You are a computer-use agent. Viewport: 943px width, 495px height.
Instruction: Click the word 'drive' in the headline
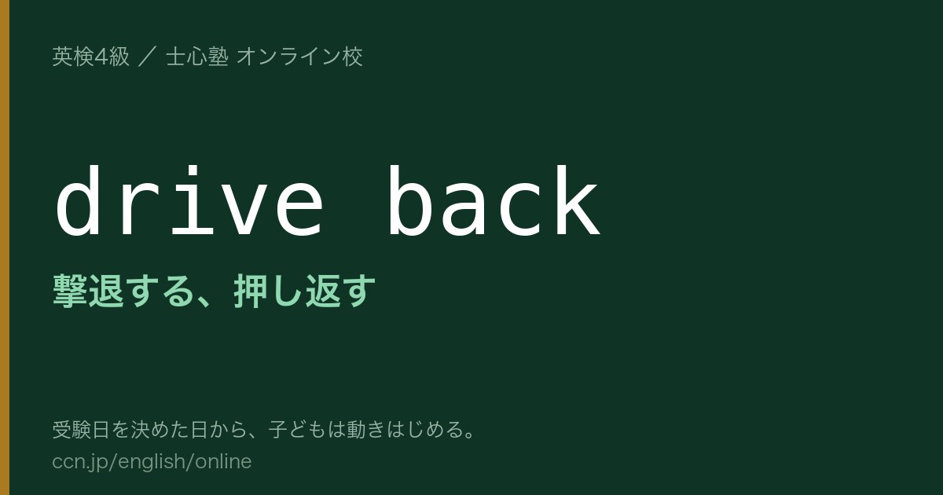189,201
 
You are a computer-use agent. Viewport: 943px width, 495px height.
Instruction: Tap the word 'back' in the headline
494,201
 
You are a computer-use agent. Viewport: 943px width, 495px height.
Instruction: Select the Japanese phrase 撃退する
125,291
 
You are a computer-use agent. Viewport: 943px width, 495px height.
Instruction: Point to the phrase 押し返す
304,291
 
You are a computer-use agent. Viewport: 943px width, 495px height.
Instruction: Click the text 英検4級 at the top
90,57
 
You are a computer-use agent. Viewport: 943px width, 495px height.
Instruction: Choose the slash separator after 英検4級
148,57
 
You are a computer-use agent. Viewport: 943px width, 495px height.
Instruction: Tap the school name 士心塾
197,57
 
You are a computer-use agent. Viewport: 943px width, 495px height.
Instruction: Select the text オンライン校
299,57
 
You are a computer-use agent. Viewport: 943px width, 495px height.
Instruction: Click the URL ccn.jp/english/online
152,462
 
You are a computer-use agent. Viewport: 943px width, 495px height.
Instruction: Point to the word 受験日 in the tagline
81,430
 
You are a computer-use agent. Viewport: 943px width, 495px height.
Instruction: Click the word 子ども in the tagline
298,430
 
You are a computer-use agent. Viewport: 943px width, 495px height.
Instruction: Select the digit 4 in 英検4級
101,57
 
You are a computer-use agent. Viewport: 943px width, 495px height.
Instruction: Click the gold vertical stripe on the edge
5,247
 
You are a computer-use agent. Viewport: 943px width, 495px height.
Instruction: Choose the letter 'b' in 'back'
409,201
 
